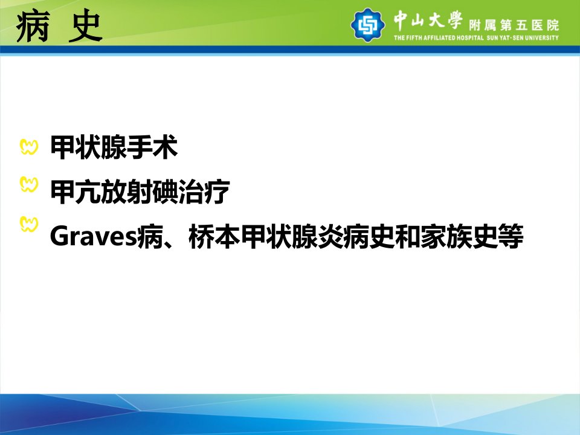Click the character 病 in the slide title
pyautogui.click(x=33, y=27)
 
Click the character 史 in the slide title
pyautogui.click(x=85, y=27)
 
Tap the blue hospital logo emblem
pyautogui.click(x=367, y=25)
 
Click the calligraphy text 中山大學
pyautogui.click(x=428, y=20)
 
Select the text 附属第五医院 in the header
pyautogui.click(x=514, y=25)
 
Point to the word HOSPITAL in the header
pyautogui.click(x=470, y=37)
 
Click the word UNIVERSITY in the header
pyautogui.click(x=541, y=37)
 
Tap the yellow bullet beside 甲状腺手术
pyautogui.click(x=29, y=147)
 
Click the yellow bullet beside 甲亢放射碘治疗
pyautogui.click(x=29, y=185)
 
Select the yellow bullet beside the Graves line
pyautogui.click(x=29, y=224)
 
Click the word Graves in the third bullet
pyautogui.click(x=94, y=236)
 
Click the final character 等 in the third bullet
pyautogui.click(x=510, y=236)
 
